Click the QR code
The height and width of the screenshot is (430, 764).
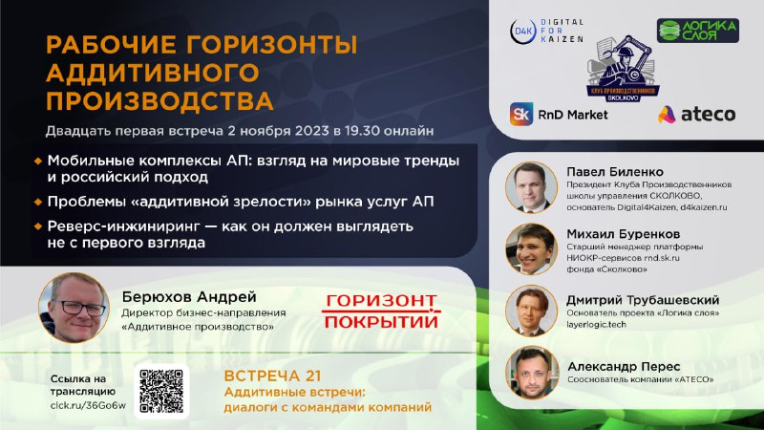click(161, 391)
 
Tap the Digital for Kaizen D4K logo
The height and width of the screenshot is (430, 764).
click(546, 32)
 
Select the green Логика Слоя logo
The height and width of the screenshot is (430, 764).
click(698, 31)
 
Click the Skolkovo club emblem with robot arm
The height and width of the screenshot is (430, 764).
click(623, 68)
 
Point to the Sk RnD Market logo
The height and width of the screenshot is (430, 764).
click(559, 115)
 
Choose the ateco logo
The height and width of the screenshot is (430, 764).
click(697, 115)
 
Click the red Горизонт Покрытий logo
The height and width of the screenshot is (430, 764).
click(381, 312)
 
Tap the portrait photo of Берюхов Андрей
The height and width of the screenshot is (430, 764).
click(74, 308)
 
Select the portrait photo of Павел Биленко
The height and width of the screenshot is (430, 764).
click(531, 187)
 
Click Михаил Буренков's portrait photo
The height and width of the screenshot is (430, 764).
click(531, 249)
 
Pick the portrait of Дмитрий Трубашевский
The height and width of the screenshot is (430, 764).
click(531, 311)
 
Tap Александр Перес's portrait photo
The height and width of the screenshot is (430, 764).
click(532, 373)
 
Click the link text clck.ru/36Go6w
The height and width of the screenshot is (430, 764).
click(88, 405)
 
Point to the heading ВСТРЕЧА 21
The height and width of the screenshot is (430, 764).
click(272, 376)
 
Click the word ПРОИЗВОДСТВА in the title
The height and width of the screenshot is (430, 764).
click(159, 101)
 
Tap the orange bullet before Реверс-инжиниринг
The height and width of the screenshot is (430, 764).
click(38, 226)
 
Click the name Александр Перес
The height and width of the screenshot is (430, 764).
click(624, 367)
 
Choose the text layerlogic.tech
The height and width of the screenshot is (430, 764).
click(596, 324)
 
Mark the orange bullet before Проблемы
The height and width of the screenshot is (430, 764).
click(38, 202)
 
